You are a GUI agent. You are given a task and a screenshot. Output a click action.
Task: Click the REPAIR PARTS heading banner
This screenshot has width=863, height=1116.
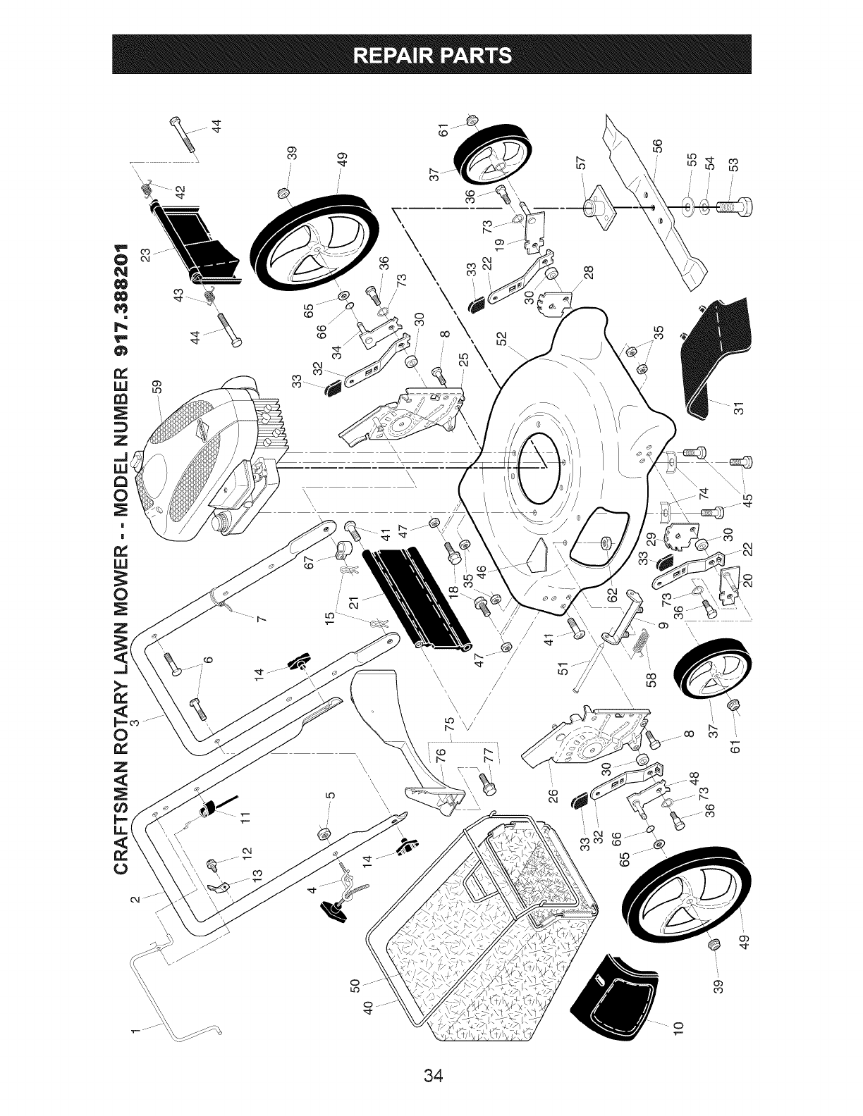(432, 54)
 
